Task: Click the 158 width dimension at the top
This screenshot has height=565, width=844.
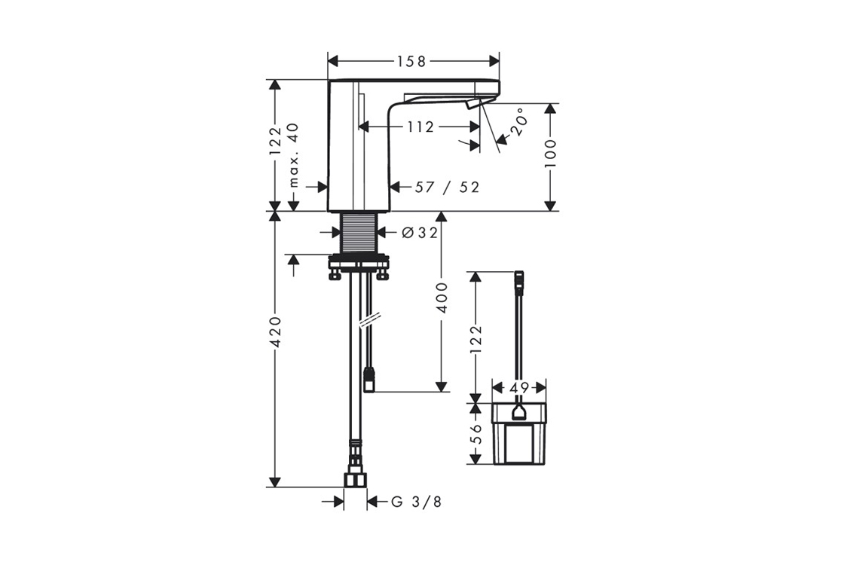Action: (x=411, y=61)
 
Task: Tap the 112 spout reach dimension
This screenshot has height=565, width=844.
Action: (x=420, y=127)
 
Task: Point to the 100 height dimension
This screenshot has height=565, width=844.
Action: (x=549, y=154)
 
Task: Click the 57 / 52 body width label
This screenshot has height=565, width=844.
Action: (x=447, y=188)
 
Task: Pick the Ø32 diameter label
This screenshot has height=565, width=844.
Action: (x=420, y=233)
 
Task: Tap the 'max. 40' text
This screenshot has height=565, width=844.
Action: (x=293, y=155)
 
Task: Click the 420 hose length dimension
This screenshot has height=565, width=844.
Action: (x=275, y=331)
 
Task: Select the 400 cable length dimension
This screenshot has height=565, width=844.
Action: (x=442, y=298)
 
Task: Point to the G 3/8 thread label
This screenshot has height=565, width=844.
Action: (x=416, y=502)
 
